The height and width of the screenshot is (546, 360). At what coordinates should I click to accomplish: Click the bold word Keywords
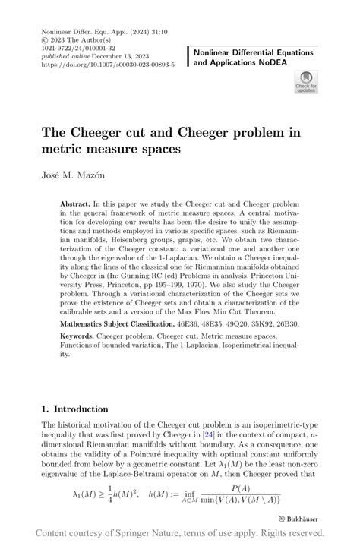click(x=81, y=336)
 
